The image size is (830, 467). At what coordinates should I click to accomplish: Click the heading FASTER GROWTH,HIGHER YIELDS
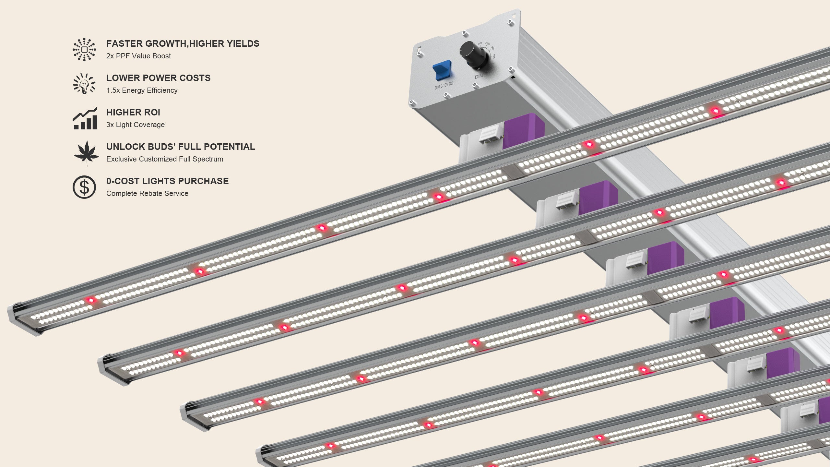click(x=183, y=43)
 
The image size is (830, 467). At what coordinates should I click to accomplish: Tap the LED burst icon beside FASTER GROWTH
click(x=84, y=50)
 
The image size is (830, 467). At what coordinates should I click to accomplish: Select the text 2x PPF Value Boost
click(x=138, y=56)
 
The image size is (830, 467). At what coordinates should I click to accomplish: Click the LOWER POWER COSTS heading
click(x=158, y=78)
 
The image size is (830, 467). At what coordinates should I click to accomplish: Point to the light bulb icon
click(x=84, y=84)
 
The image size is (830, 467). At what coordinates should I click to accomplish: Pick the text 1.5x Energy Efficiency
click(x=142, y=90)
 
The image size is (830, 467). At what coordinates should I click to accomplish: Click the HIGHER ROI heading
click(x=133, y=112)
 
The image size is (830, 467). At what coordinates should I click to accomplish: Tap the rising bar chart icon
click(x=85, y=118)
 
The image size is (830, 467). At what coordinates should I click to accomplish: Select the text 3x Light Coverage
click(x=135, y=125)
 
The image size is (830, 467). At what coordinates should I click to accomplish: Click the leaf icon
click(x=86, y=152)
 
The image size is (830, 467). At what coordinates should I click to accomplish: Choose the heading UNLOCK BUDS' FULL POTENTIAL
click(x=181, y=147)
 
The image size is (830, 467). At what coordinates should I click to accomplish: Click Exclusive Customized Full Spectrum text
click(x=164, y=159)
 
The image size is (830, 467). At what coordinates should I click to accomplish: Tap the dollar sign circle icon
click(x=84, y=187)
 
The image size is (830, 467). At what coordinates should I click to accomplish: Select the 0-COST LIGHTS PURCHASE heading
click(x=167, y=181)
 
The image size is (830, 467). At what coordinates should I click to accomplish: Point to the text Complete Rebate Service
click(x=147, y=193)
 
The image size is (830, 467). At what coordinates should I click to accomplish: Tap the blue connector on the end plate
click(x=442, y=70)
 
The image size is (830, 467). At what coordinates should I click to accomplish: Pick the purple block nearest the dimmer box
click(x=523, y=130)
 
